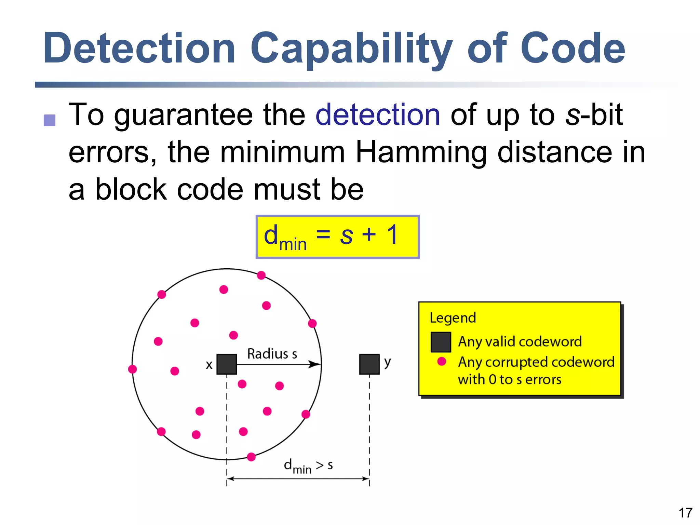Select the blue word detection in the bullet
378,115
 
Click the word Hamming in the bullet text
421,152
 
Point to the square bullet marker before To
50,120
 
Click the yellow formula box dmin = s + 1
337,237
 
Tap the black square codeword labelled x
227,364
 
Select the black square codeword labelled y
369,364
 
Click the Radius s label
272,354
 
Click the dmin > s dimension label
308,466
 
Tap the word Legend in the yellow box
453,318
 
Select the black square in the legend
441,342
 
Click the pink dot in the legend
442,361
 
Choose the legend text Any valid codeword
520,342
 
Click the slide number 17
685,513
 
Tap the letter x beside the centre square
209,365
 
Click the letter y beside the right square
387,362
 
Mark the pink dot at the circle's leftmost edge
132,369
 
